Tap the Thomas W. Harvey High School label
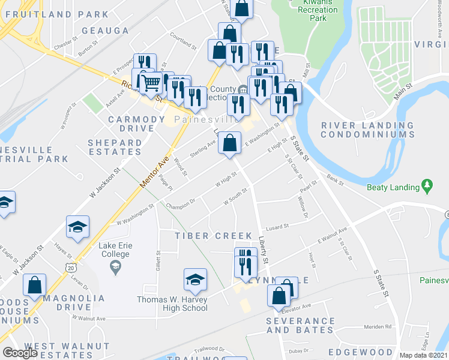172,304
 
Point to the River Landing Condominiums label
367,130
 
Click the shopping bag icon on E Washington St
229,143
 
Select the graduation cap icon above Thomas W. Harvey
194,280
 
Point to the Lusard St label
278,227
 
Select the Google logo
20,353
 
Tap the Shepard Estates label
115,148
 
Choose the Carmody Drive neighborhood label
136,124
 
